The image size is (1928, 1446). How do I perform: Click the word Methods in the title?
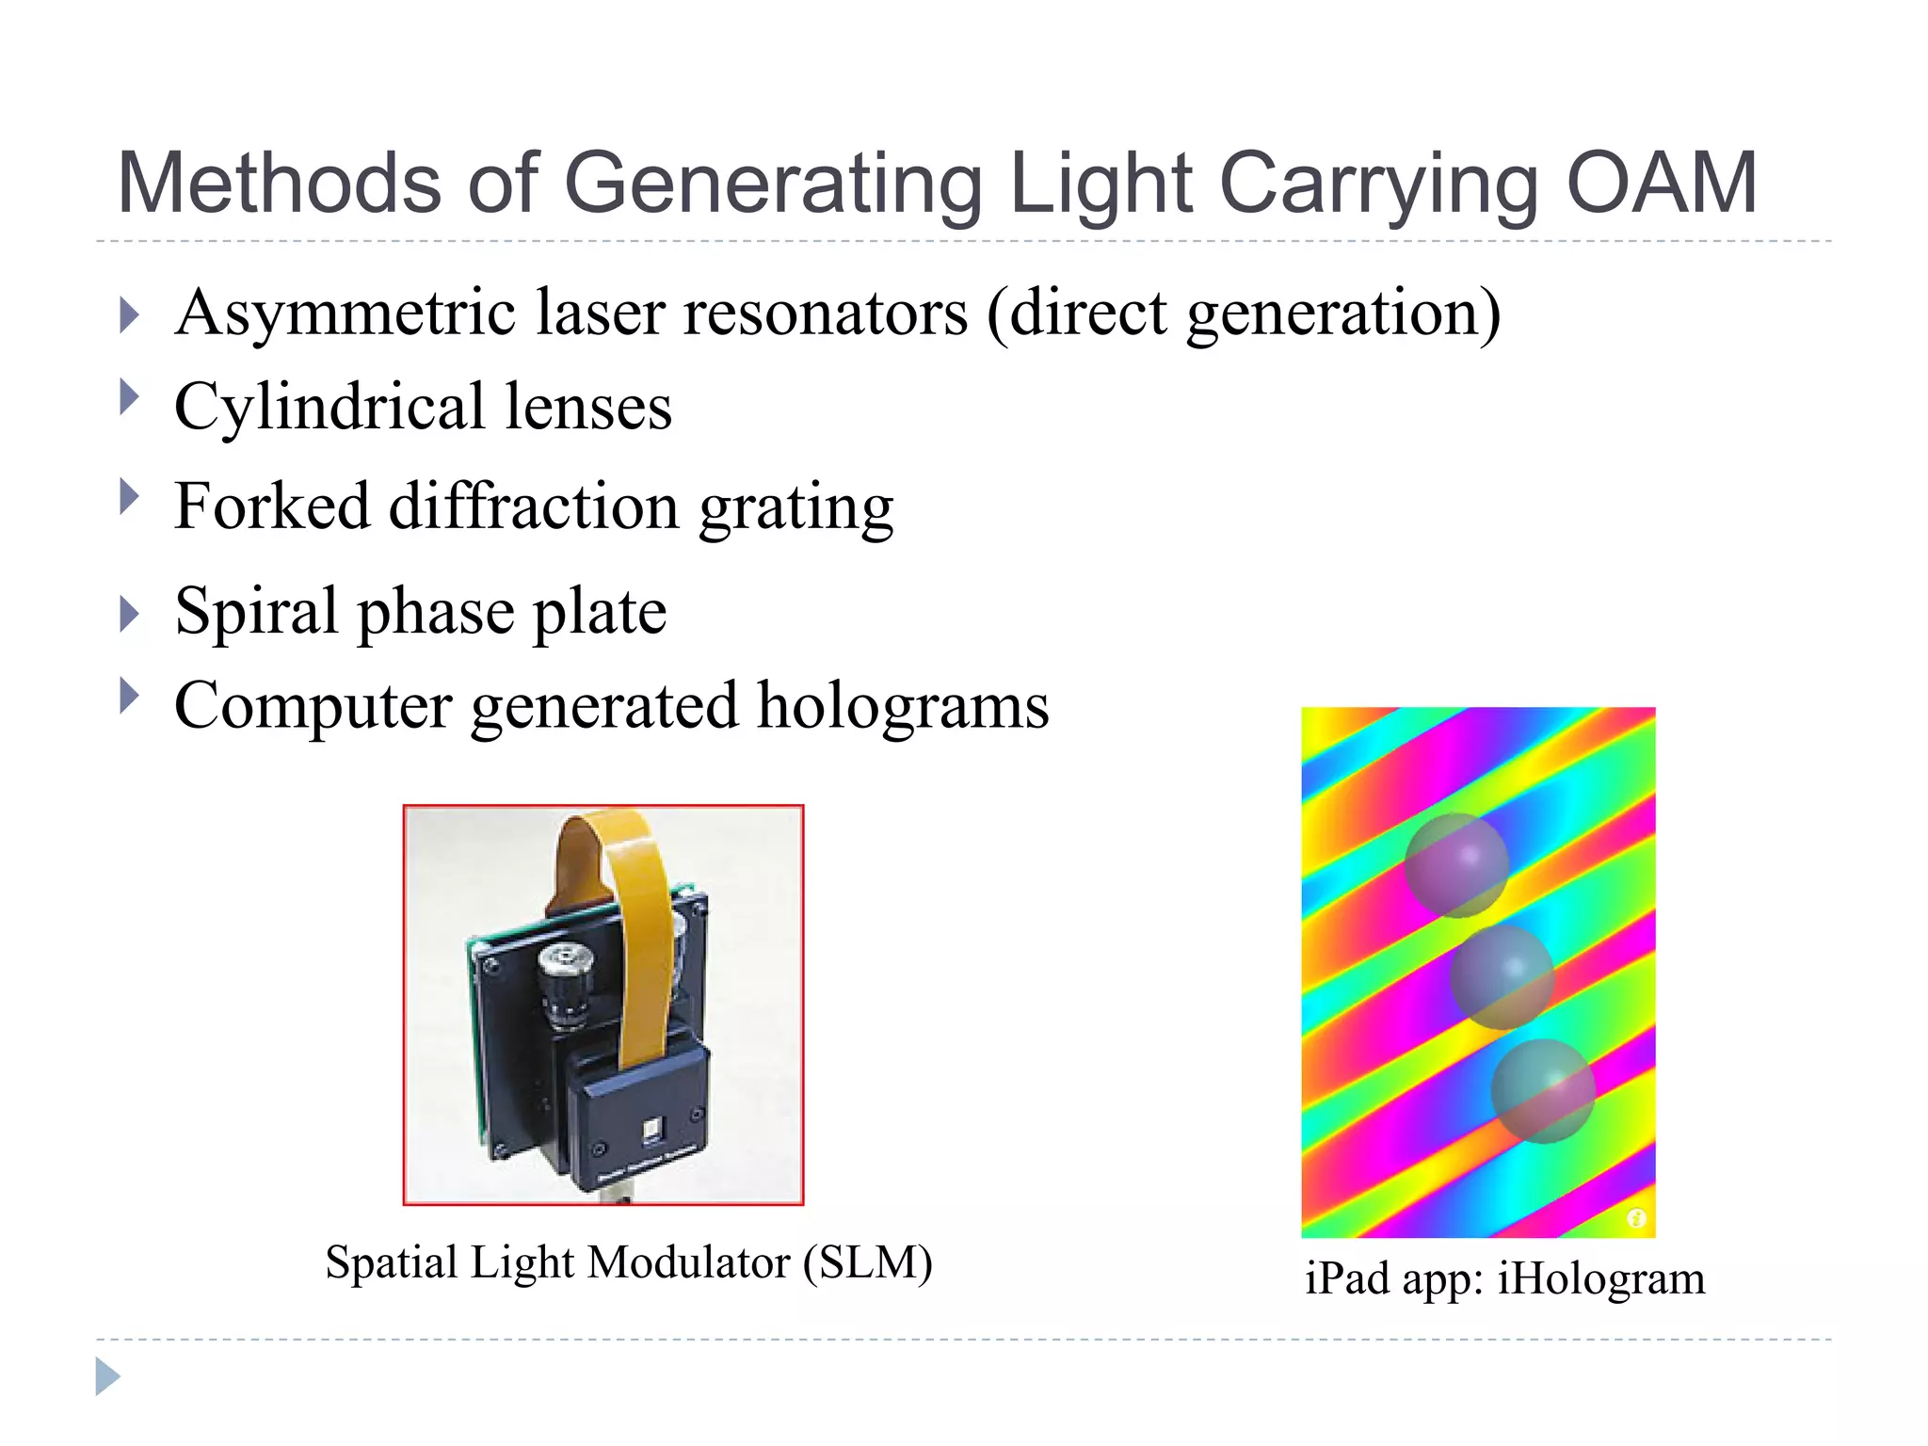[279, 184]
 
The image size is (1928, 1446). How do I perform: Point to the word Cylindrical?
[329, 407]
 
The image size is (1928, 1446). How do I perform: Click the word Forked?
[272, 506]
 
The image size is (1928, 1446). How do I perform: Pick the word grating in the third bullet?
[796, 508]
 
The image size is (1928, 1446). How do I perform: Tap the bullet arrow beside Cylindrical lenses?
[130, 397]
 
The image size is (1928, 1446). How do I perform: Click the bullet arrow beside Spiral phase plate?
[130, 615]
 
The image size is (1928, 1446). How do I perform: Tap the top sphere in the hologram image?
[1456, 864]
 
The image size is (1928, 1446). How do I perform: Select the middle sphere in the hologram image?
[1501, 976]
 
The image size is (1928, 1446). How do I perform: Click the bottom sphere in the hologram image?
[1542, 1090]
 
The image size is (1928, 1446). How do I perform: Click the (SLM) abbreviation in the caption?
[867, 1262]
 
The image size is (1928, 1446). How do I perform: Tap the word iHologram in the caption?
[1600, 1278]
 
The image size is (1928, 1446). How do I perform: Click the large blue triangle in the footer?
[107, 1376]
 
